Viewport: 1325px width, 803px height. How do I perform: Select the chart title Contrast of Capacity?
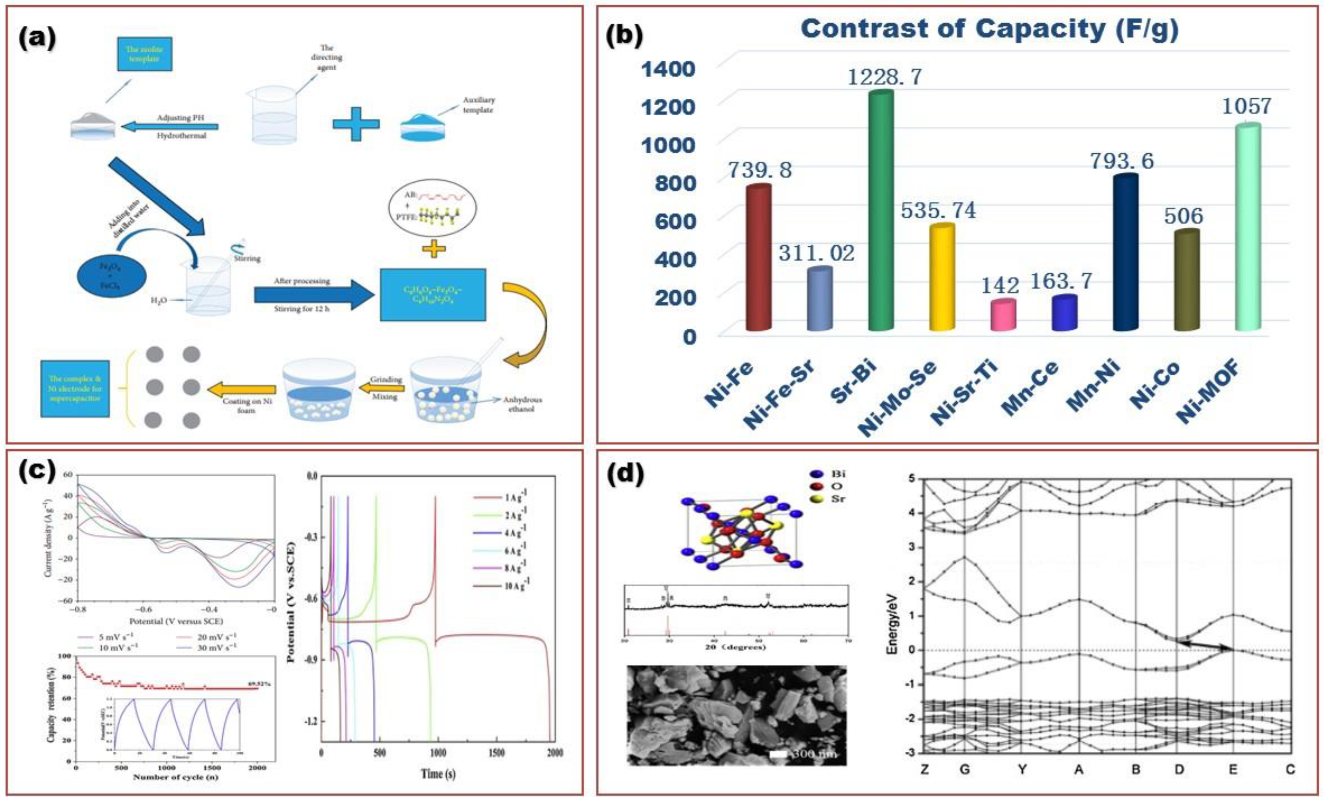(990, 29)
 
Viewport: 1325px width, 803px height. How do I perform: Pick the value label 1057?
(1246, 106)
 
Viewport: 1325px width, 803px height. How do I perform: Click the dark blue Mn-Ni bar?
(1125, 253)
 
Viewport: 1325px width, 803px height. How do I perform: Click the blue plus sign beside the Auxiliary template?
(356, 124)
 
